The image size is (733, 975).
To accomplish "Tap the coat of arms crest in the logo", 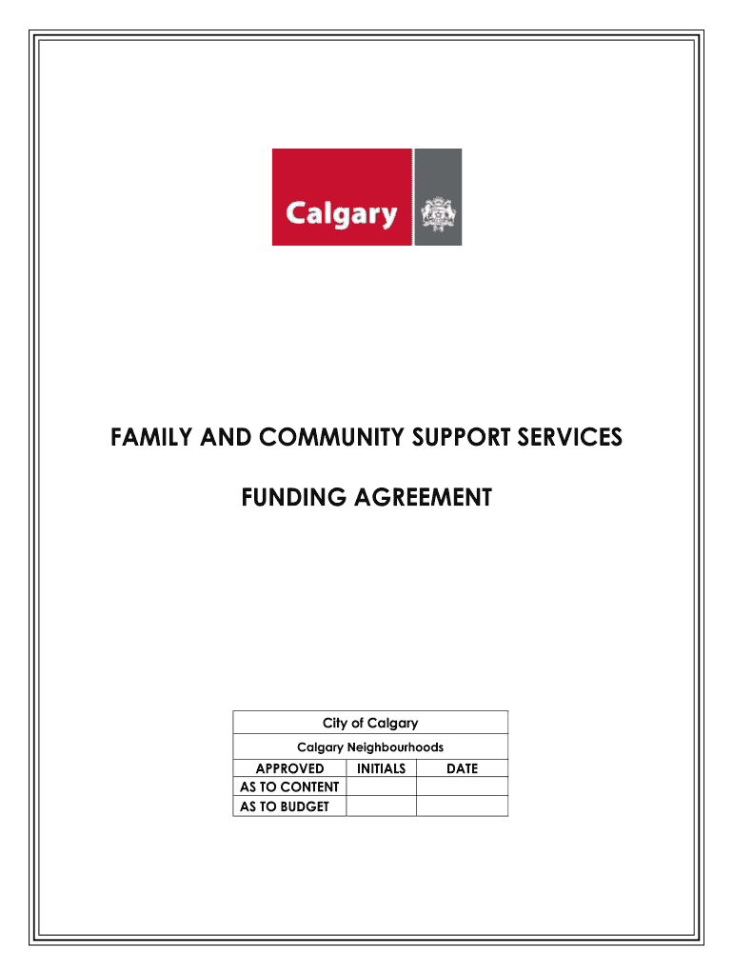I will click(439, 214).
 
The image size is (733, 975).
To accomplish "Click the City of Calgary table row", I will click(370, 724).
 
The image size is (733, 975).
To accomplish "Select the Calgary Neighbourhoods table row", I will click(370, 747).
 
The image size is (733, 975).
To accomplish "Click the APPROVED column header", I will click(289, 768).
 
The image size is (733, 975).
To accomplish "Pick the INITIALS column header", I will click(381, 768).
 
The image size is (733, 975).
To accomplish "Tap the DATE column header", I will click(462, 768).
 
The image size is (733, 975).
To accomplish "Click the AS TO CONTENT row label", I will click(289, 787).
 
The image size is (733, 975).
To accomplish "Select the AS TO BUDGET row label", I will click(285, 806).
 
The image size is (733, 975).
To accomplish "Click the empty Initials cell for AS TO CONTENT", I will click(381, 787).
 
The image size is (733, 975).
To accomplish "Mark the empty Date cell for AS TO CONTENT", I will click(462, 787).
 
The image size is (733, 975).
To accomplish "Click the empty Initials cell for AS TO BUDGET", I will click(381, 806).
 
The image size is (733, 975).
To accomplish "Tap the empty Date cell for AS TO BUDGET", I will click(462, 806).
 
